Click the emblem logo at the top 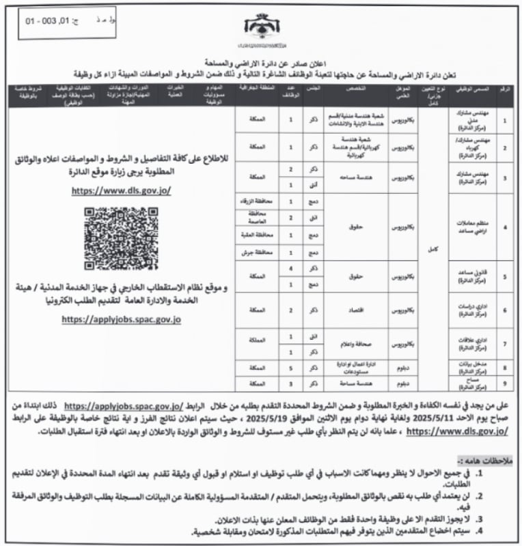258,28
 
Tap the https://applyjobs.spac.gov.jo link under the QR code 122,319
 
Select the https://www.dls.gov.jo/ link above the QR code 121,192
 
